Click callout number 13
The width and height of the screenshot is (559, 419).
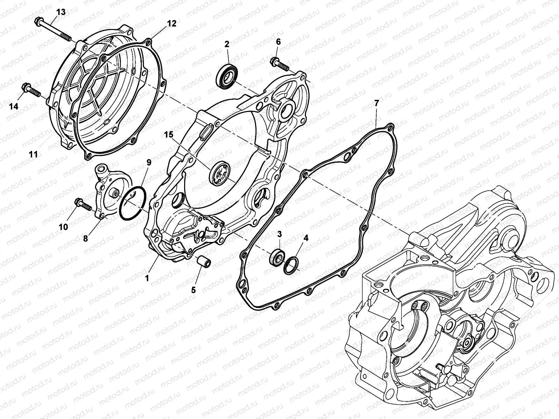[x=60, y=13]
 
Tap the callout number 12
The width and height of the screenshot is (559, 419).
[x=171, y=23]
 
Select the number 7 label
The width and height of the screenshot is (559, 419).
[x=376, y=103]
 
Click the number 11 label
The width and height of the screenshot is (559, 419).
[x=33, y=154]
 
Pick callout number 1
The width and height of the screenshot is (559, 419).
[x=147, y=278]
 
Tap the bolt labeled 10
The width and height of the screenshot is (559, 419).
[x=83, y=205]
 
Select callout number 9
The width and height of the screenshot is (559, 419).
[x=149, y=162]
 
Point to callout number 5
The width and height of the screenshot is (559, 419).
[x=194, y=289]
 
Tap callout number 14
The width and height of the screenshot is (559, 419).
[x=14, y=106]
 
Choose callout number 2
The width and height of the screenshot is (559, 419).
[x=227, y=44]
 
